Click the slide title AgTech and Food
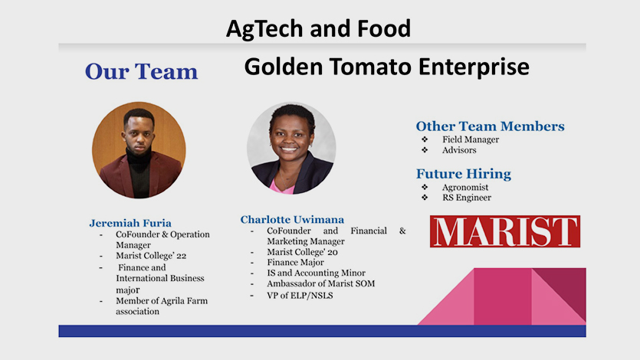(318, 29)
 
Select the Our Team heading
(141, 71)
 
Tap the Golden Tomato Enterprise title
(386, 67)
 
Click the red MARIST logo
(505, 231)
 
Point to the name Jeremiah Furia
(130, 223)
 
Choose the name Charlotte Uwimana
(292, 219)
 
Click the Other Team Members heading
(491, 126)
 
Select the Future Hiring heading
(464, 174)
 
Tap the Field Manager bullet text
(471, 139)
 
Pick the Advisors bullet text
(459, 150)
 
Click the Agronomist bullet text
(465, 187)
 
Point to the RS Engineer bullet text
(467, 198)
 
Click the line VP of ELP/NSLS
(300, 295)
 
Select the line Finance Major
(296, 262)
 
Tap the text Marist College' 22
(151, 256)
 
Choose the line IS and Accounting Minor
(317, 273)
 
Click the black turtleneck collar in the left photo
(139, 155)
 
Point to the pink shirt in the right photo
(281, 187)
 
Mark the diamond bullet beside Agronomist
(425, 187)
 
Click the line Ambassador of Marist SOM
(321, 283)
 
